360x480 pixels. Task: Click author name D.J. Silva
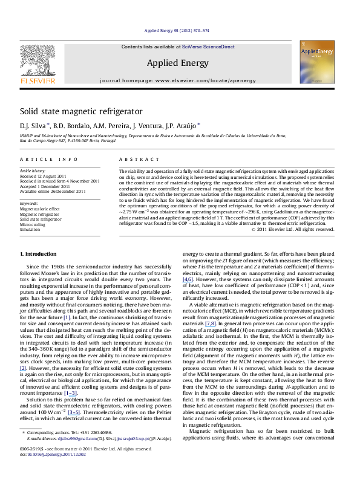point(33,126)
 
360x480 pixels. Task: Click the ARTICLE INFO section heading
point(42,158)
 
